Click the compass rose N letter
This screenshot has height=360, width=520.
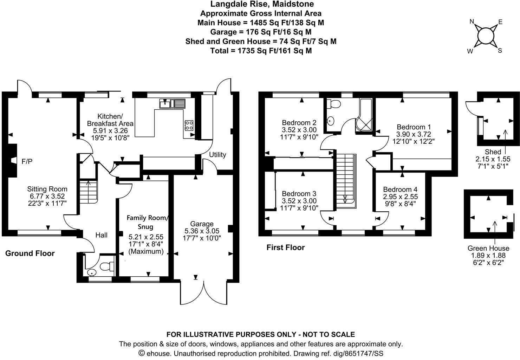472,22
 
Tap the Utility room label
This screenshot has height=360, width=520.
217,155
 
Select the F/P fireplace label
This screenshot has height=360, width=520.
27,161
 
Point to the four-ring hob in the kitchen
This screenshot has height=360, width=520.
189,125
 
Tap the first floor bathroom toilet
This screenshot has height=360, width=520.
333,104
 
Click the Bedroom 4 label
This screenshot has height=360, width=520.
401,189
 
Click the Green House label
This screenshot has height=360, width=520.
488,248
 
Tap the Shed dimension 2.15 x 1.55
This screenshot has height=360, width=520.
493,159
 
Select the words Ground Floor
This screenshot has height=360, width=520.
30,253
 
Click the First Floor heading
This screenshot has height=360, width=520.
285,247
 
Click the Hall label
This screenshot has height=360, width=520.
102,235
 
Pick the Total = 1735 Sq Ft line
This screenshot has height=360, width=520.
261,51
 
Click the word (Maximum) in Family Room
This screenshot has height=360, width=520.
146,252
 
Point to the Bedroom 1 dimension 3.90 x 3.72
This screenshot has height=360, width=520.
414,134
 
